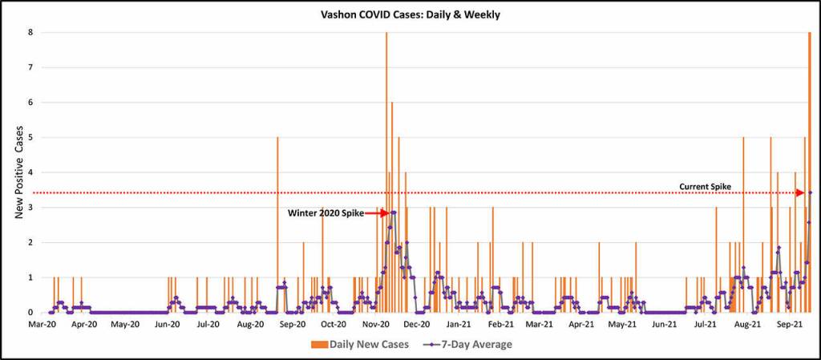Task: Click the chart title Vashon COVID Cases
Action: (x=410, y=14)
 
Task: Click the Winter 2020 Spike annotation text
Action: (x=326, y=213)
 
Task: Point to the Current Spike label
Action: (x=705, y=187)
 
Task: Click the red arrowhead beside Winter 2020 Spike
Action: (x=383, y=213)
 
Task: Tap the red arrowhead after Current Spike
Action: (x=799, y=192)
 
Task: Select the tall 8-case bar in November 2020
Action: (x=386, y=160)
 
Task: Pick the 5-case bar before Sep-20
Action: (x=277, y=216)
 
